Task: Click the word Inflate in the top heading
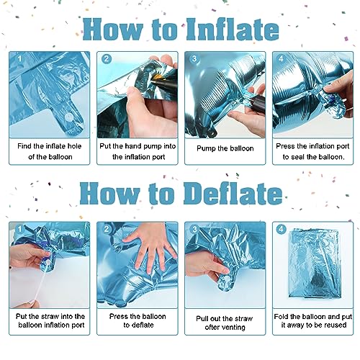point(233,30)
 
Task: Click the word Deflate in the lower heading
point(233,194)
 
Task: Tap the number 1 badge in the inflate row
point(19,58)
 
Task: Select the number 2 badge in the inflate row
point(107,59)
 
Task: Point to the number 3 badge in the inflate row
point(194,58)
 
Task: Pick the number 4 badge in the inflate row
point(281,58)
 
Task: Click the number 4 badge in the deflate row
point(281,229)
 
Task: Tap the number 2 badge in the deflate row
point(107,229)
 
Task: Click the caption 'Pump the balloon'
point(225,148)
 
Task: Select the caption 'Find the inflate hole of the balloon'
point(50,151)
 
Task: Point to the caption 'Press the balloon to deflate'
point(138,320)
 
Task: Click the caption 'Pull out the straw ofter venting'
point(225,323)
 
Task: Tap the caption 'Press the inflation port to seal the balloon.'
point(313,151)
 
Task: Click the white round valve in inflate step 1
point(69,117)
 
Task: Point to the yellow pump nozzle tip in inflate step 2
point(156,77)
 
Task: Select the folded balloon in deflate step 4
point(315,264)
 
